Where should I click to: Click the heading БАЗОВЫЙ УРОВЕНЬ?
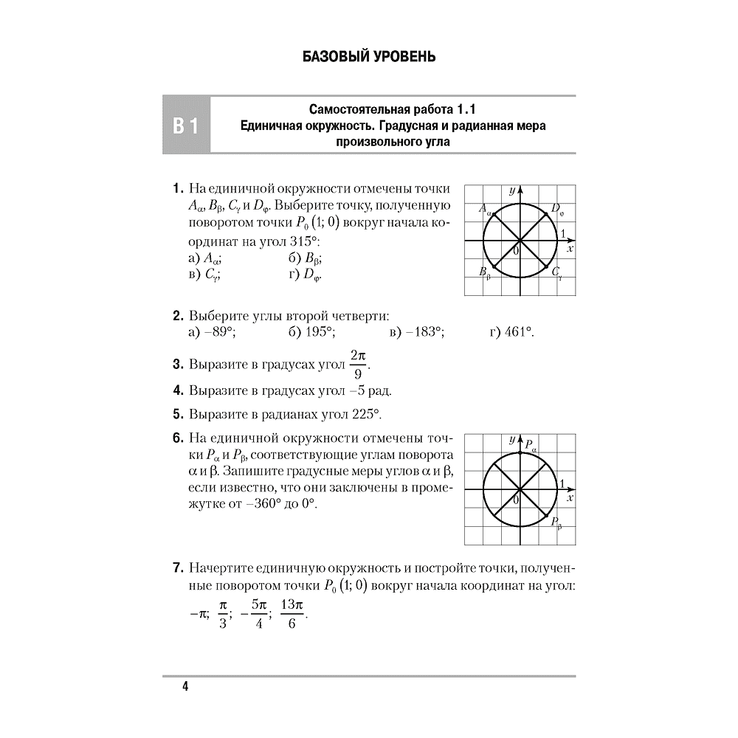pyautogui.click(x=369, y=57)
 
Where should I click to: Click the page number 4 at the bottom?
pyautogui.click(x=184, y=687)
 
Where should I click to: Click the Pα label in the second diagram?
pyautogui.click(x=530, y=445)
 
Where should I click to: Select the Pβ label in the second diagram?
pyautogui.click(x=556, y=523)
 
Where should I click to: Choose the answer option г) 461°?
pyautogui.click(x=511, y=332)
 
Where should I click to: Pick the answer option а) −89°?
pyautogui.click(x=212, y=332)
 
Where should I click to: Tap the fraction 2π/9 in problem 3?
pyautogui.click(x=358, y=363)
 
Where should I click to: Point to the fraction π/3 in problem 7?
pyautogui.click(x=224, y=614)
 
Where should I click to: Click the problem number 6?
pyautogui.click(x=177, y=438)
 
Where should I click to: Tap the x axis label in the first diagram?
pyautogui.click(x=570, y=249)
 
